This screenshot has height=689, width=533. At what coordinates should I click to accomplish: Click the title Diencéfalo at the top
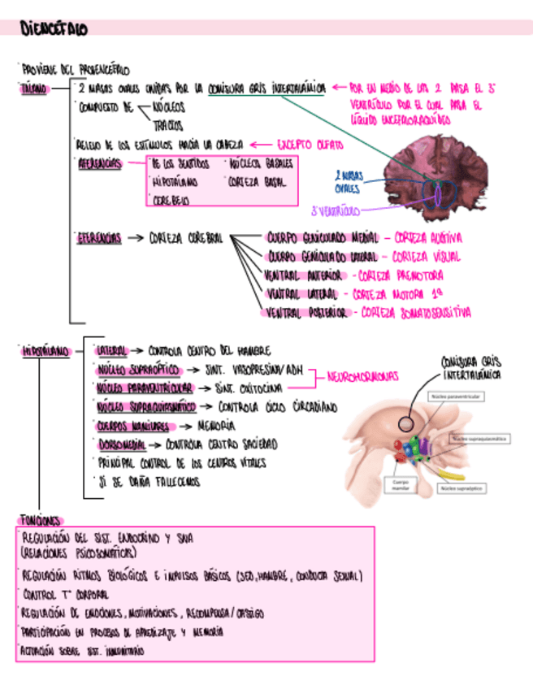click(54, 29)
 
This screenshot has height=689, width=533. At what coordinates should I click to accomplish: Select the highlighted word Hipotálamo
click(44, 352)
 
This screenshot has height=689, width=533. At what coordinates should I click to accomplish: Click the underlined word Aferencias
click(99, 164)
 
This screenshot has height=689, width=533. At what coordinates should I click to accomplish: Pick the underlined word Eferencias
click(99, 239)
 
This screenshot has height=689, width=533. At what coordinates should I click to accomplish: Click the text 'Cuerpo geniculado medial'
click(323, 238)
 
